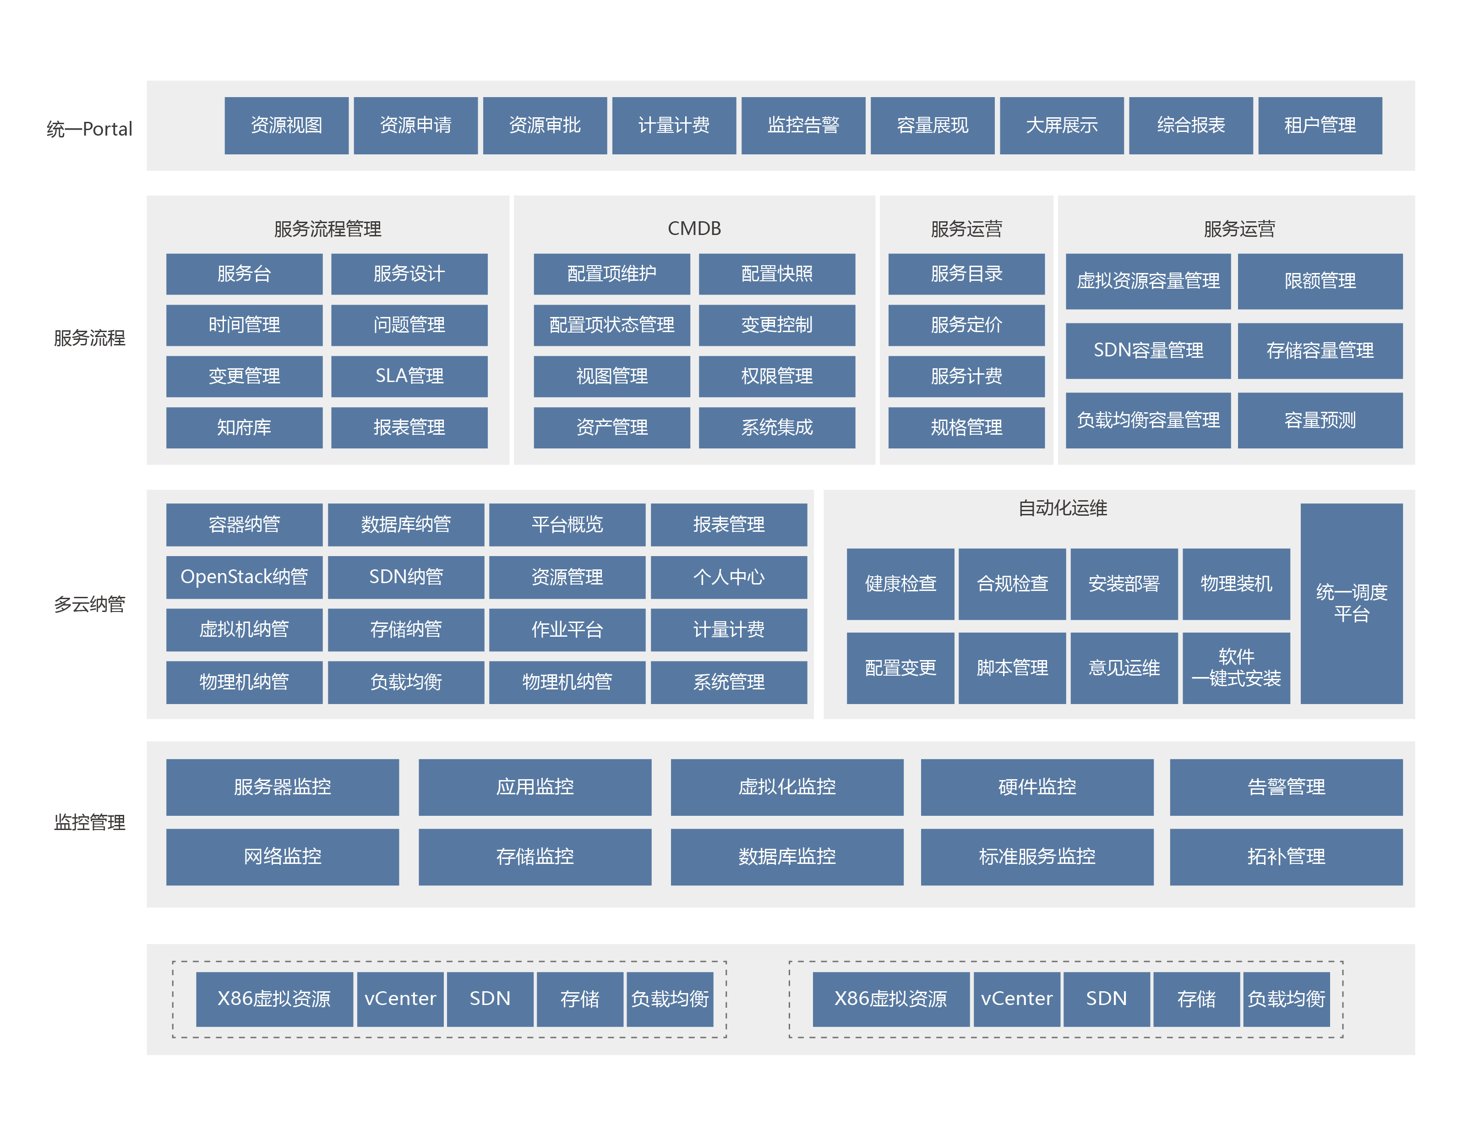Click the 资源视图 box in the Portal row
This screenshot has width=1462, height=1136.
[287, 125]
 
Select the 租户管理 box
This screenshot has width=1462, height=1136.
[1320, 125]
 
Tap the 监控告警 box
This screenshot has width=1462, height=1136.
[803, 125]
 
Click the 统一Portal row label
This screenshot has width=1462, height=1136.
[90, 129]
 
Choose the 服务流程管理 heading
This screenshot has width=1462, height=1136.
[327, 229]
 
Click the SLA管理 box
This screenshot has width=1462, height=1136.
[409, 376]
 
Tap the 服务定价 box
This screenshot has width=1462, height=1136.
[966, 325]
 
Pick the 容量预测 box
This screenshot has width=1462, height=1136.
[1320, 421]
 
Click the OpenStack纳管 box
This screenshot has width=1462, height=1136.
[244, 577]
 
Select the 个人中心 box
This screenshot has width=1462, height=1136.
[729, 577]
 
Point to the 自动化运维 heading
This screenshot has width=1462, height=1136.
[1062, 508]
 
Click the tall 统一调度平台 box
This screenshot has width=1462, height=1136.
[1352, 603]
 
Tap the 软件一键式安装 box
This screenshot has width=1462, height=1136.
[1236, 668]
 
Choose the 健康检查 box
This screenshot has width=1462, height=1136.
[900, 584]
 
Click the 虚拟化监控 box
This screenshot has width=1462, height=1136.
[787, 787]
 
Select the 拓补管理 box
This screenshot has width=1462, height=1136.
[1287, 857]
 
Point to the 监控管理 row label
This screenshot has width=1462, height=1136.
[90, 822]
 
